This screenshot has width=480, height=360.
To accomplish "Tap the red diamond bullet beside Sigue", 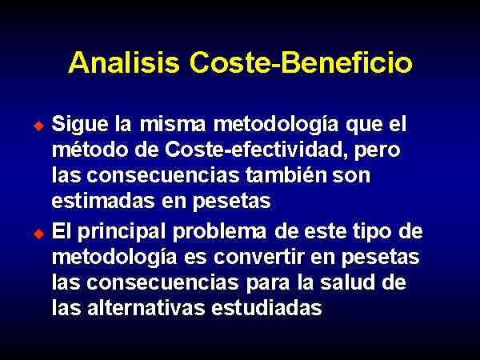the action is (39, 126).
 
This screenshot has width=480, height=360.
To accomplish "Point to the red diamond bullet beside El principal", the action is (39, 234).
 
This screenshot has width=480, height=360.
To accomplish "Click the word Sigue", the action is (80, 125).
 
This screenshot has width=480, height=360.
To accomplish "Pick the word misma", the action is (173, 124).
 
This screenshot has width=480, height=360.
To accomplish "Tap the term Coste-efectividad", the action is (257, 150).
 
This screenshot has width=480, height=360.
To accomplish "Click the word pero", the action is (378, 151).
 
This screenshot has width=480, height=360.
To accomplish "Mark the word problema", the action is (219, 233).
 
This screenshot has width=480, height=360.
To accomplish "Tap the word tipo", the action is (372, 233).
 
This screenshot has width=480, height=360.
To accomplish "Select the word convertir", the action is (258, 257).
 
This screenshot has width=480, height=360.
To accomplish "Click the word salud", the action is (347, 282).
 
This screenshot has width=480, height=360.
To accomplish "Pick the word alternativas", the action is (146, 308).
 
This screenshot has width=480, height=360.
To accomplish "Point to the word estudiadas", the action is (266, 308).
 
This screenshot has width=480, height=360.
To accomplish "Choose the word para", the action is (268, 284).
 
